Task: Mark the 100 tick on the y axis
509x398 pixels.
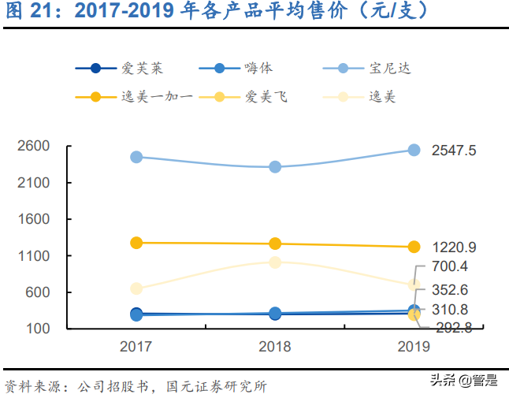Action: [x=38, y=329]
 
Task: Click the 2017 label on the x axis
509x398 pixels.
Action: [x=136, y=347]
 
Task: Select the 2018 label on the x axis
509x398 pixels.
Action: [x=275, y=347]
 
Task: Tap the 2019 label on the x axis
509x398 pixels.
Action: [x=414, y=347]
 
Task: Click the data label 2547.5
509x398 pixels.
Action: [x=454, y=151]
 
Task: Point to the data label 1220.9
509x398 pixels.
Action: [x=454, y=247]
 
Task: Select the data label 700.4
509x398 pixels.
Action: [x=450, y=266]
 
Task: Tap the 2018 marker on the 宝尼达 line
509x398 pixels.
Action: [x=275, y=167]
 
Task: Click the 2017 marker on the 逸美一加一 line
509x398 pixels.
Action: [x=136, y=243]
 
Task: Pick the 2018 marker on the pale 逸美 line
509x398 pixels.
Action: [x=275, y=262]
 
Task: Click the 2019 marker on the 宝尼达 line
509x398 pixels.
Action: [x=414, y=150]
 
